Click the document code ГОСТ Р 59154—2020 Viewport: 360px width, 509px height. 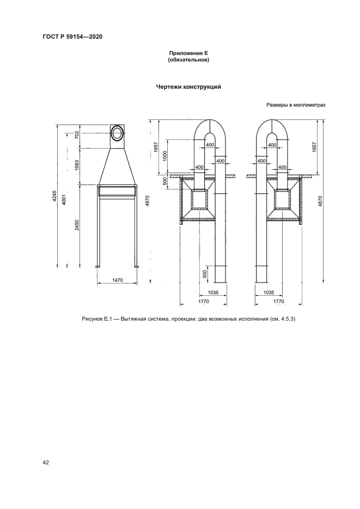(x=72, y=36)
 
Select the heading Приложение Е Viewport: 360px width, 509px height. (x=188, y=53)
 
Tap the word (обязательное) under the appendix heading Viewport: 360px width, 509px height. (x=188, y=60)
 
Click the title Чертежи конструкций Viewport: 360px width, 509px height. (x=188, y=87)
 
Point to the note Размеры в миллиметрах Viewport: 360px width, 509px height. (x=296, y=106)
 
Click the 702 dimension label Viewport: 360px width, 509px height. (x=77, y=134)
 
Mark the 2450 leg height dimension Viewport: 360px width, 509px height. (x=77, y=225)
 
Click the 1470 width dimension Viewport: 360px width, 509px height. (x=117, y=280)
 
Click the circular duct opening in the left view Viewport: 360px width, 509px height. (x=117, y=132)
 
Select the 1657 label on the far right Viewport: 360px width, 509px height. (x=315, y=147)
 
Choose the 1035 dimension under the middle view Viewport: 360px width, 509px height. (x=214, y=292)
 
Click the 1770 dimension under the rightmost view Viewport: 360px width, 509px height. (x=278, y=301)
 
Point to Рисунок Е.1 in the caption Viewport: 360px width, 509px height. (x=96, y=318)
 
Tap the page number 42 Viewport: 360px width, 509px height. (x=46, y=462)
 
